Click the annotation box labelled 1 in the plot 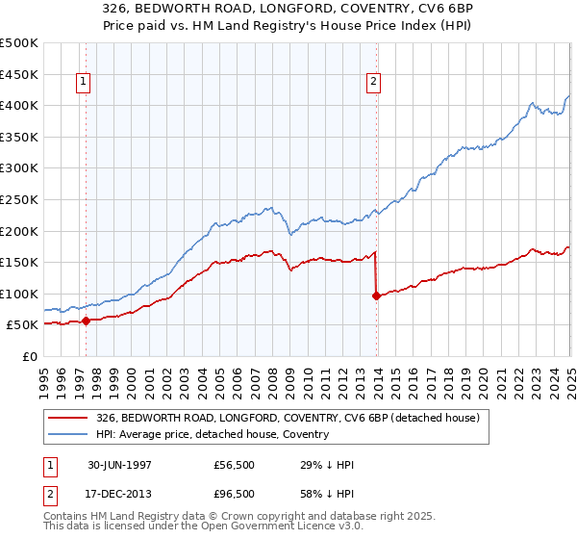[85, 83]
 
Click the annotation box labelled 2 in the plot [373, 83]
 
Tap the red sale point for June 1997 [87, 321]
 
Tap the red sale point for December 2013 [376, 295]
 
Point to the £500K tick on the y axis [19, 43]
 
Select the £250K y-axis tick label [19, 199]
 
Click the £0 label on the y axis [30, 356]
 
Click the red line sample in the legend [68, 418]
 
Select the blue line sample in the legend [68, 434]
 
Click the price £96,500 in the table [235, 493]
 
